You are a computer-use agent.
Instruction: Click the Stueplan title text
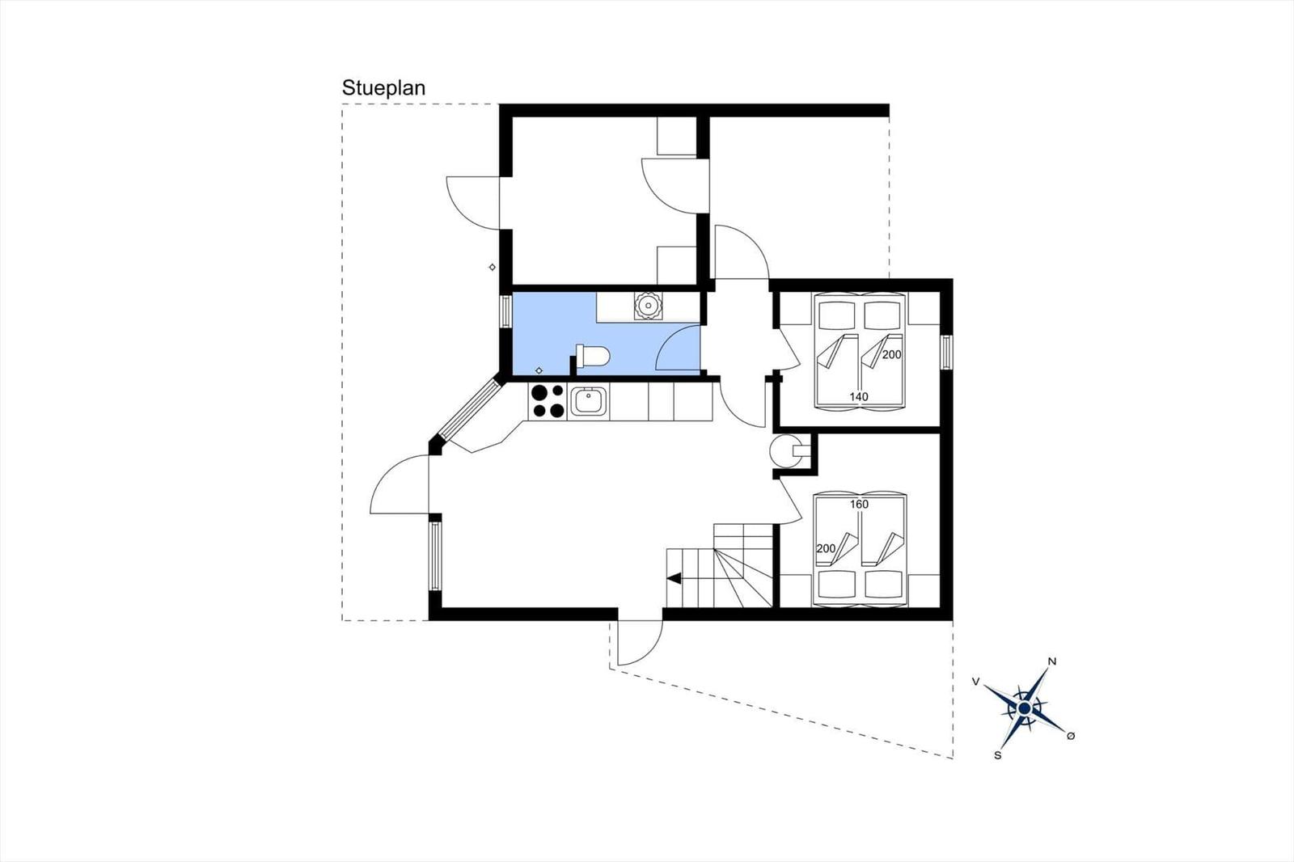[x=383, y=88]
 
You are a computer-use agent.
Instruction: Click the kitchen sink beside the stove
[x=589, y=402]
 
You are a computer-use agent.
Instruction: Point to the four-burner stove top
[x=548, y=401]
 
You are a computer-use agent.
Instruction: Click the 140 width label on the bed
[x=858, y=397]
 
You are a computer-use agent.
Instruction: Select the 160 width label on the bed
[x=859, y=505]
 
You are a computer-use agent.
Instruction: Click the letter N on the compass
[x=1052, y=662]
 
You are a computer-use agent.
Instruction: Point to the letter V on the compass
[x=975, y=682]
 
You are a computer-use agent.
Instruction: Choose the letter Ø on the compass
[x=1071, y=736]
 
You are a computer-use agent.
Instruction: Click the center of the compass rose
[x=1024, y=708]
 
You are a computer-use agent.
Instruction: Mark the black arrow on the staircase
[x=674, y=577]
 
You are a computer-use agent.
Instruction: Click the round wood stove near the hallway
[x=784, y=450]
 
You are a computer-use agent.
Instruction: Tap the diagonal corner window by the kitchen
[x=468, y=409]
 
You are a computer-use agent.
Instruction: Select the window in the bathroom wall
[x=505, y=311]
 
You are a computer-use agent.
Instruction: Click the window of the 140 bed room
[x=945, y=352]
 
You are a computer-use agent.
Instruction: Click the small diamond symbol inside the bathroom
[x=539, y=370]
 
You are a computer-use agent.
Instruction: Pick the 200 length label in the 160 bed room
[x=826, y=548]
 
